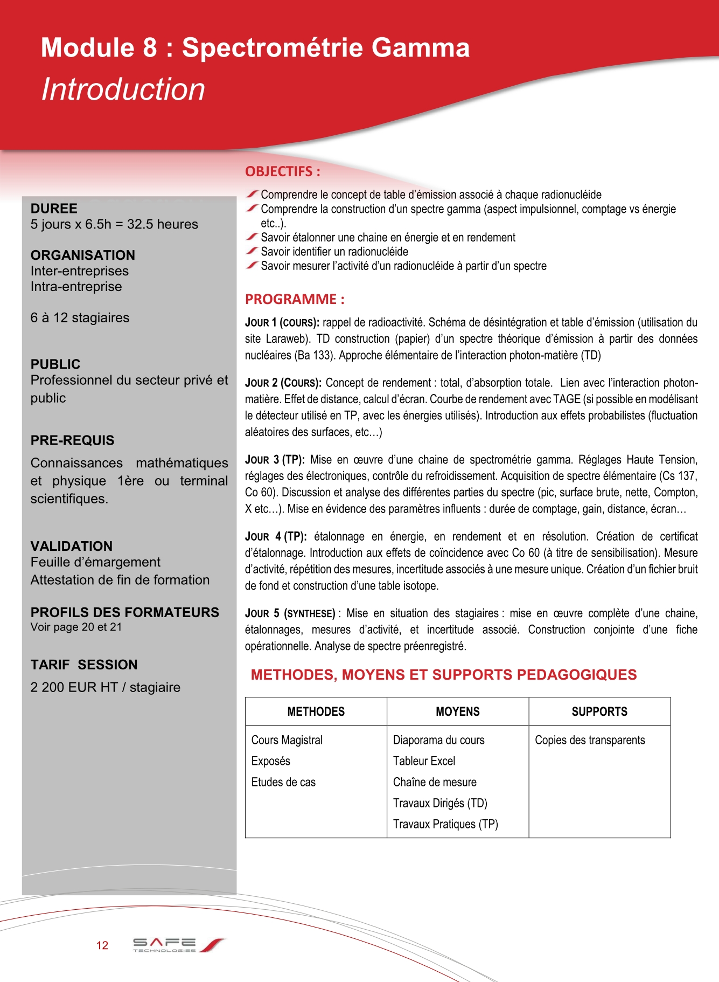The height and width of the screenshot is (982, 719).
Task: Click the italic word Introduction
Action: coord(123,89)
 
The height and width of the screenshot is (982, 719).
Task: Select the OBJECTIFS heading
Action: coord(282,171)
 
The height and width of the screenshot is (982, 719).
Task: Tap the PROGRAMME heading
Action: coord(295,299)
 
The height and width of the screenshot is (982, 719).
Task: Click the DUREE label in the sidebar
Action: coord(54,209)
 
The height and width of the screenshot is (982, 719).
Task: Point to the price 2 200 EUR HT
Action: coord(74,687)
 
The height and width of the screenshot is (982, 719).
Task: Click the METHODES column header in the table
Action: coord(316,711)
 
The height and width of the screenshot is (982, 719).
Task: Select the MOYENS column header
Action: coord(457,711)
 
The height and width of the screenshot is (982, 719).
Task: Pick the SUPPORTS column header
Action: coord(599,711)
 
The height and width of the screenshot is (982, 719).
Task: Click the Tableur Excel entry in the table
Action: coord(424,761)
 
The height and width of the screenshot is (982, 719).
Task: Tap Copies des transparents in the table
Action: coord(590,740)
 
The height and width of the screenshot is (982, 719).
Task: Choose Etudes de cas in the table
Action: coord(283,782)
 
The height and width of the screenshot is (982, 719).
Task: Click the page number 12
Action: coord(102,945)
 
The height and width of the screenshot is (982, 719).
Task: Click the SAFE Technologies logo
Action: coord(178,945)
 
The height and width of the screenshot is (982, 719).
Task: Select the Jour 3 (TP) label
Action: coord(275,460)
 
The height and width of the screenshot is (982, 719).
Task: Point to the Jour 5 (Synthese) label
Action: coord(290,613)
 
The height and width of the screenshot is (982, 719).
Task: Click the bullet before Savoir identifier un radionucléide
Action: coord(252,251)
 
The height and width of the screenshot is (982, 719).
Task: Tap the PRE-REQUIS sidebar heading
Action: coord(72,440)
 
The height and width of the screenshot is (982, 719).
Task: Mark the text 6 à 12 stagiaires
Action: coord(80,317)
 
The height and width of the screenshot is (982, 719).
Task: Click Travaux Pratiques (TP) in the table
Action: coord(445,824)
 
